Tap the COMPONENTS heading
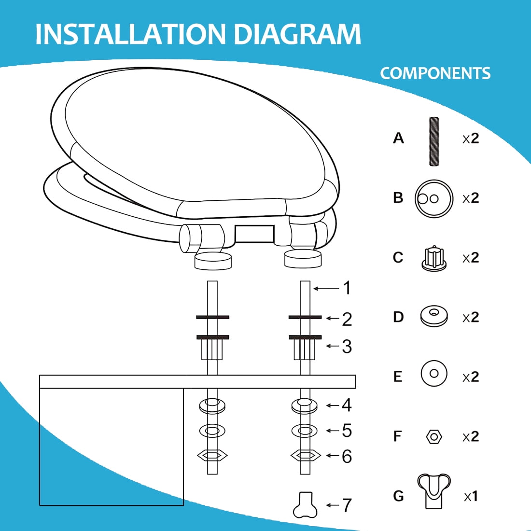click(435, 73)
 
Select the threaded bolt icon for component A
click(434, 141)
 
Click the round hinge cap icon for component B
click(434, 199)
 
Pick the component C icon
click(434, 259)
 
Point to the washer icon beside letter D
click(434, 317)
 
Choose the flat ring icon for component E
click(434, 374)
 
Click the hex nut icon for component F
click(434, 436)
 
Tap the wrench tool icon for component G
click(434, 491)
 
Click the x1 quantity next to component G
click(471, 496)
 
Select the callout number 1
click(347, 288)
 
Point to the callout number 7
click(347, 505)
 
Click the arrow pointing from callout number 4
click(333, 405)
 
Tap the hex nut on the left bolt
click(212, 456)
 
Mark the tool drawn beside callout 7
click(305, 505)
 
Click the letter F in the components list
click(398, 436)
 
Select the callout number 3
click(347, 347)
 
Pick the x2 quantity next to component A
click(471, 138)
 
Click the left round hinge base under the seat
click(213, 261)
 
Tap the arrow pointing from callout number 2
click(333, 318)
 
